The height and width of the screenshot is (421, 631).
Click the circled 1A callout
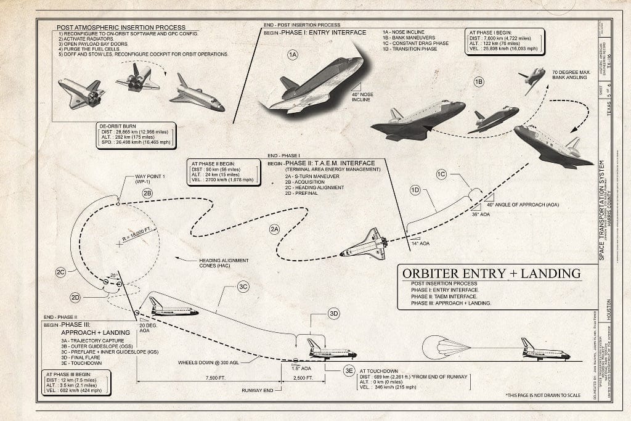[293, 55]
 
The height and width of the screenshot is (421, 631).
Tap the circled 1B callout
[478, 81]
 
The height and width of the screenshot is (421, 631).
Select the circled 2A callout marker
[274, 229]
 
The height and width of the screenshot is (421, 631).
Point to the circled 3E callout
[349, 370]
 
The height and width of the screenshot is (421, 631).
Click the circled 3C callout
[243, 287]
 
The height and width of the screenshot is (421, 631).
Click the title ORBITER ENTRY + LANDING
[491, 274]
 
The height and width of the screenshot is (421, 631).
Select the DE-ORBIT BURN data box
[136, 136]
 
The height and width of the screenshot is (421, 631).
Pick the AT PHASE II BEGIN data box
[222, 171]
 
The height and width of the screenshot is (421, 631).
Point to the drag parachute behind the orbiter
[444, 348]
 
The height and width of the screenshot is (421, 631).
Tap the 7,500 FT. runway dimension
[208, 377]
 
